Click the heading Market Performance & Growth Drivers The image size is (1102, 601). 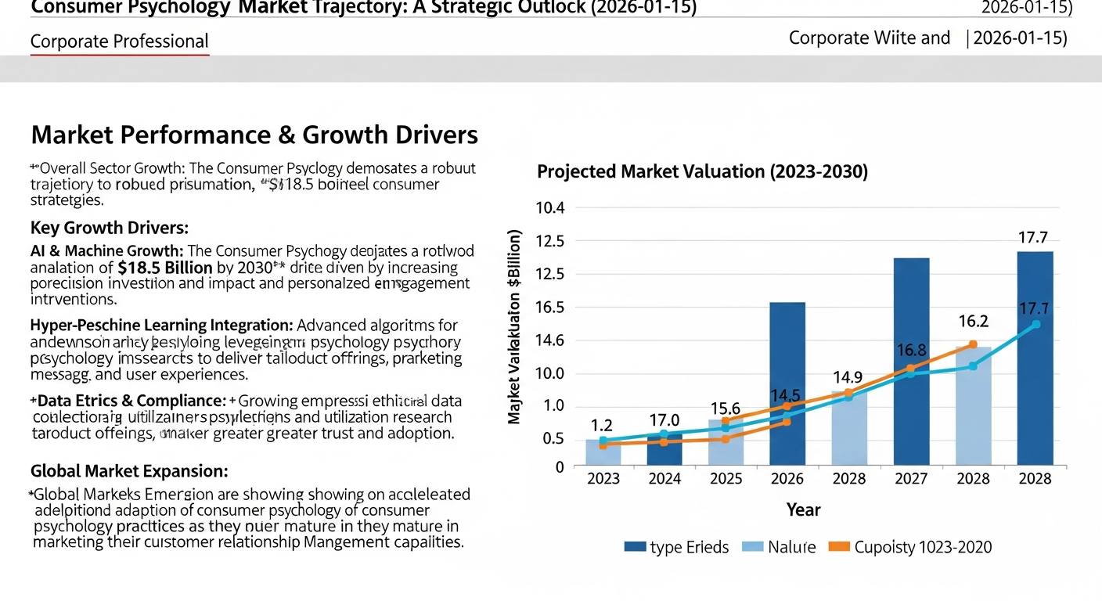(x=254, y=135)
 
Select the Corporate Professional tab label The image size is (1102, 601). (x=119, y=41)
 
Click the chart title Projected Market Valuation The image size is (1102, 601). (x=702, y=172)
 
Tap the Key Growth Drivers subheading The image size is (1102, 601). (x=110, y=228)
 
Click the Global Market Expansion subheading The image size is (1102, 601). (x=129, y=471)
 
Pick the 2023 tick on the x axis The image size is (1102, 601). (x=603, y=479)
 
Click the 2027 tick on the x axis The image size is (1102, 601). (x=911, y=479)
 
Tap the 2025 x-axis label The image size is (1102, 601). (x=726, y=479)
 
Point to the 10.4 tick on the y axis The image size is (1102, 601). (x=549, y=208)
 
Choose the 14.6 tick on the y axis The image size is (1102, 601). (x=549, y=340)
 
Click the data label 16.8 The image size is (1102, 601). (x=911, y=351)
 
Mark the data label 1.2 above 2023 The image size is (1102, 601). (x=601, y=426)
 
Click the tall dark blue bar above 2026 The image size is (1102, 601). (x=787, y=383)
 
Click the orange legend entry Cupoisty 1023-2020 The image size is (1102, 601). (x=912, y=547)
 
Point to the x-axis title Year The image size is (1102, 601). (x=803, y=510)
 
